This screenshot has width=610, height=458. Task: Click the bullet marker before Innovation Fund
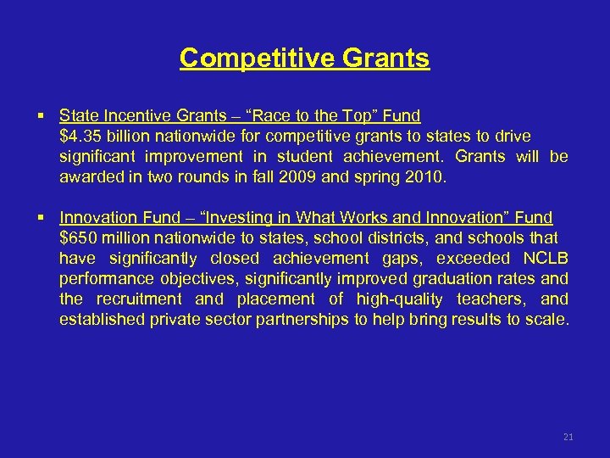[41, 218]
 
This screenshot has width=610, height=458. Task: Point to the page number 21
[568, 437]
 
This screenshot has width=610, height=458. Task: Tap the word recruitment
[139, 299]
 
